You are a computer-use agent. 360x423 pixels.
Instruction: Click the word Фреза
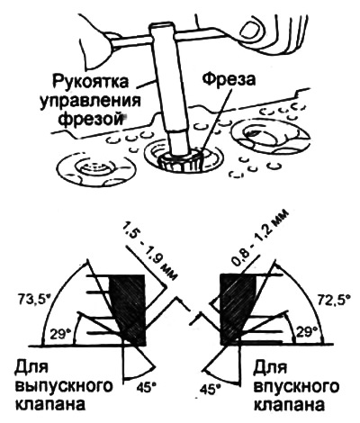[229, 80]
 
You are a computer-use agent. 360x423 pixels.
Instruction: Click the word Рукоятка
[90, 82]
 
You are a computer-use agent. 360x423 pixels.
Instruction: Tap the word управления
[91, 101]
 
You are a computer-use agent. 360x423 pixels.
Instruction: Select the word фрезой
[91, 119]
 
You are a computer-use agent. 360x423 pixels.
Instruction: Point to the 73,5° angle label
[33, 298]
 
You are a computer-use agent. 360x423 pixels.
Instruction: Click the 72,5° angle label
[332, 300]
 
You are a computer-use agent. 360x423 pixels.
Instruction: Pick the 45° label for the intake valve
[211, 389]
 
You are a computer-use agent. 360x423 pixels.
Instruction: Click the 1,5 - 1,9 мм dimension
[149, 248]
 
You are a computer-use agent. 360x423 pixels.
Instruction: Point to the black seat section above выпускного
[129, 310]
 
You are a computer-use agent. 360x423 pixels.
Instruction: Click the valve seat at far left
[96, 169]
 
